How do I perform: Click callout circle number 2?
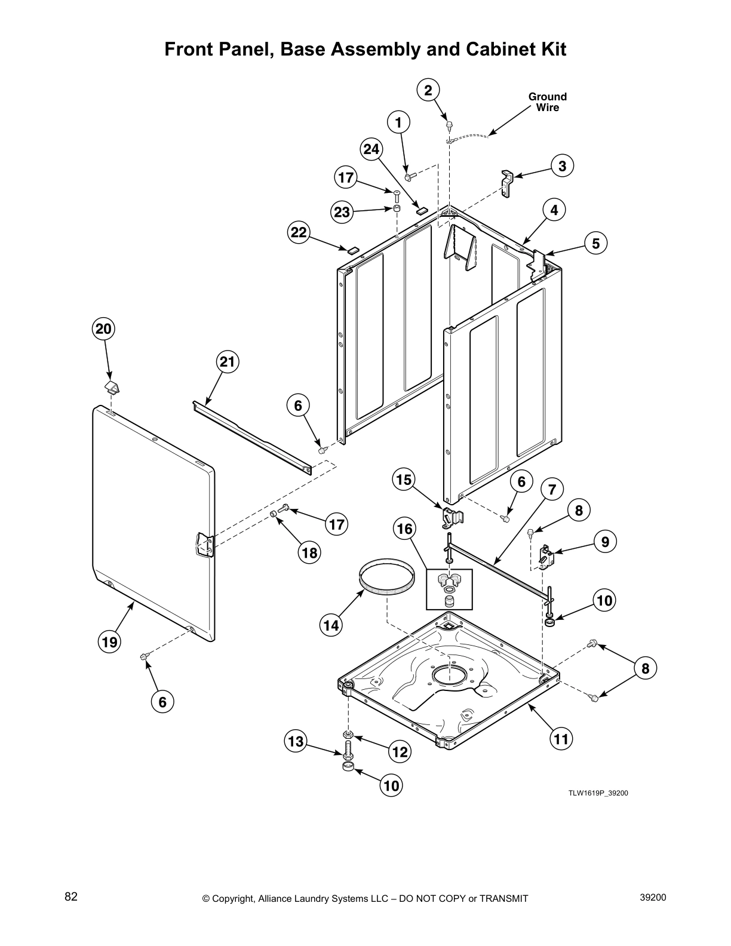click(x=428, y=90)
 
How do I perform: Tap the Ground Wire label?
click(x=547, y=102)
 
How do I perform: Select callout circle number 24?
click(x=371, y=149)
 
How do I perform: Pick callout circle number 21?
click(x=227, y=361)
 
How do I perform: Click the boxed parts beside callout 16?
click(x=449, y=589)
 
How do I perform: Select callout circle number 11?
click(x=561, y=739)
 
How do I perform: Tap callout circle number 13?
click(x=295, y=742)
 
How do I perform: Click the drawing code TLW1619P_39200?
click(x=598, y=793)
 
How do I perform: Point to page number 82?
click(x=71, y=897)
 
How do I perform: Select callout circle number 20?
click(x=103, y=328)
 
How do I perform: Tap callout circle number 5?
click(x=595, y=242)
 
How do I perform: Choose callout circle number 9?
click(x=605, y=542)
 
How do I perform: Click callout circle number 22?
click(x=299, y=232)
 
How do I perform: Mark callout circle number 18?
click(x=309, y=552)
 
